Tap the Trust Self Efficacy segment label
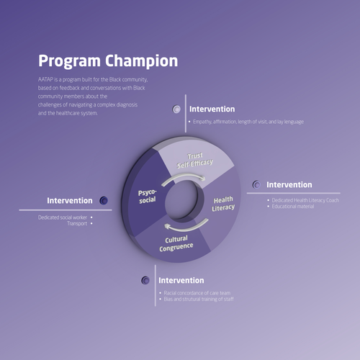(x=195, y=160)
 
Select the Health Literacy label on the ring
(x=223, y=204)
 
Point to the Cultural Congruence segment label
(x=177, y=243)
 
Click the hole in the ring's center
(x=186, y=202)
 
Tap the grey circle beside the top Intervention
(x=177, y=109)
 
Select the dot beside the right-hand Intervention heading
(x=256, y=185)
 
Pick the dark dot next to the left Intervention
(x=104, y=200)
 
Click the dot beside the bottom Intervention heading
(x=146, y=280)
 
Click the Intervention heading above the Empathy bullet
(x=212, y=109)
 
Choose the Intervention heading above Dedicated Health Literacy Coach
(x=289, y=185)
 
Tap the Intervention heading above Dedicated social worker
(x=70, y=200)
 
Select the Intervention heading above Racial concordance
(x=181, y=280)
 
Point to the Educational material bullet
(x=291, y=207)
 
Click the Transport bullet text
(x=77, y=224)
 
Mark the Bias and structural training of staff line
(x=199, y=299)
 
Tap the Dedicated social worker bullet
(x=63, y=217)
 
